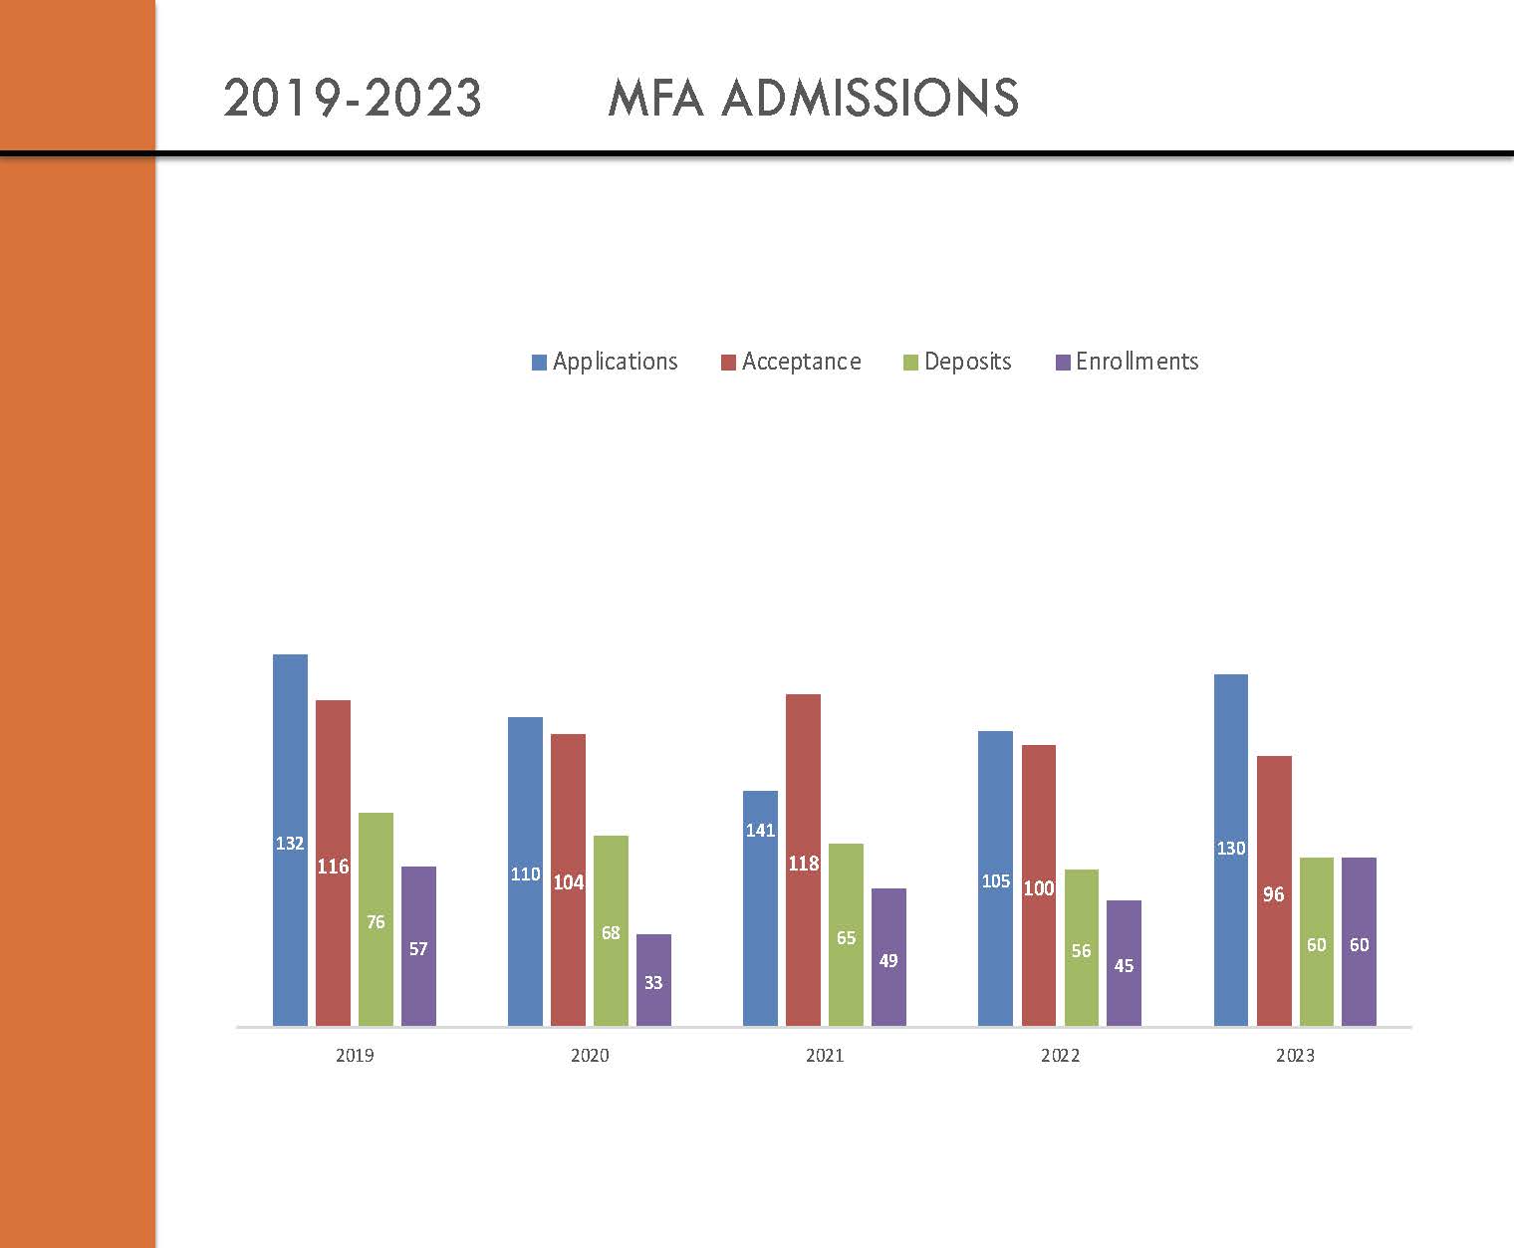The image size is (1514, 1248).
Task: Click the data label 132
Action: [290, 844]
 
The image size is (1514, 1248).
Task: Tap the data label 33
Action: [653, 983]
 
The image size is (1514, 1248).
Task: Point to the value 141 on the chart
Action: [760, 830]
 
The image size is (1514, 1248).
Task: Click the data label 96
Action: [1273, 894]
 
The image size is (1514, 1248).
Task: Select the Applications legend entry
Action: [605, 362]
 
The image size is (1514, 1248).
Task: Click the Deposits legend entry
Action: [957, 362]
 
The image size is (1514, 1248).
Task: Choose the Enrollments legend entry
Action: [1127, 362]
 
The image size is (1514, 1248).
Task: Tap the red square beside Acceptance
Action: [728, 363]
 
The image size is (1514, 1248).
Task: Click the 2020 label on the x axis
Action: [590, 1056]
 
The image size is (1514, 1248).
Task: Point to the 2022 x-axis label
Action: [1060, 1056]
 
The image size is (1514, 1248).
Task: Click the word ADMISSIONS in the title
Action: [868, 99]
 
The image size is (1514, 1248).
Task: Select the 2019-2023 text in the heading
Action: [353, 99]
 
